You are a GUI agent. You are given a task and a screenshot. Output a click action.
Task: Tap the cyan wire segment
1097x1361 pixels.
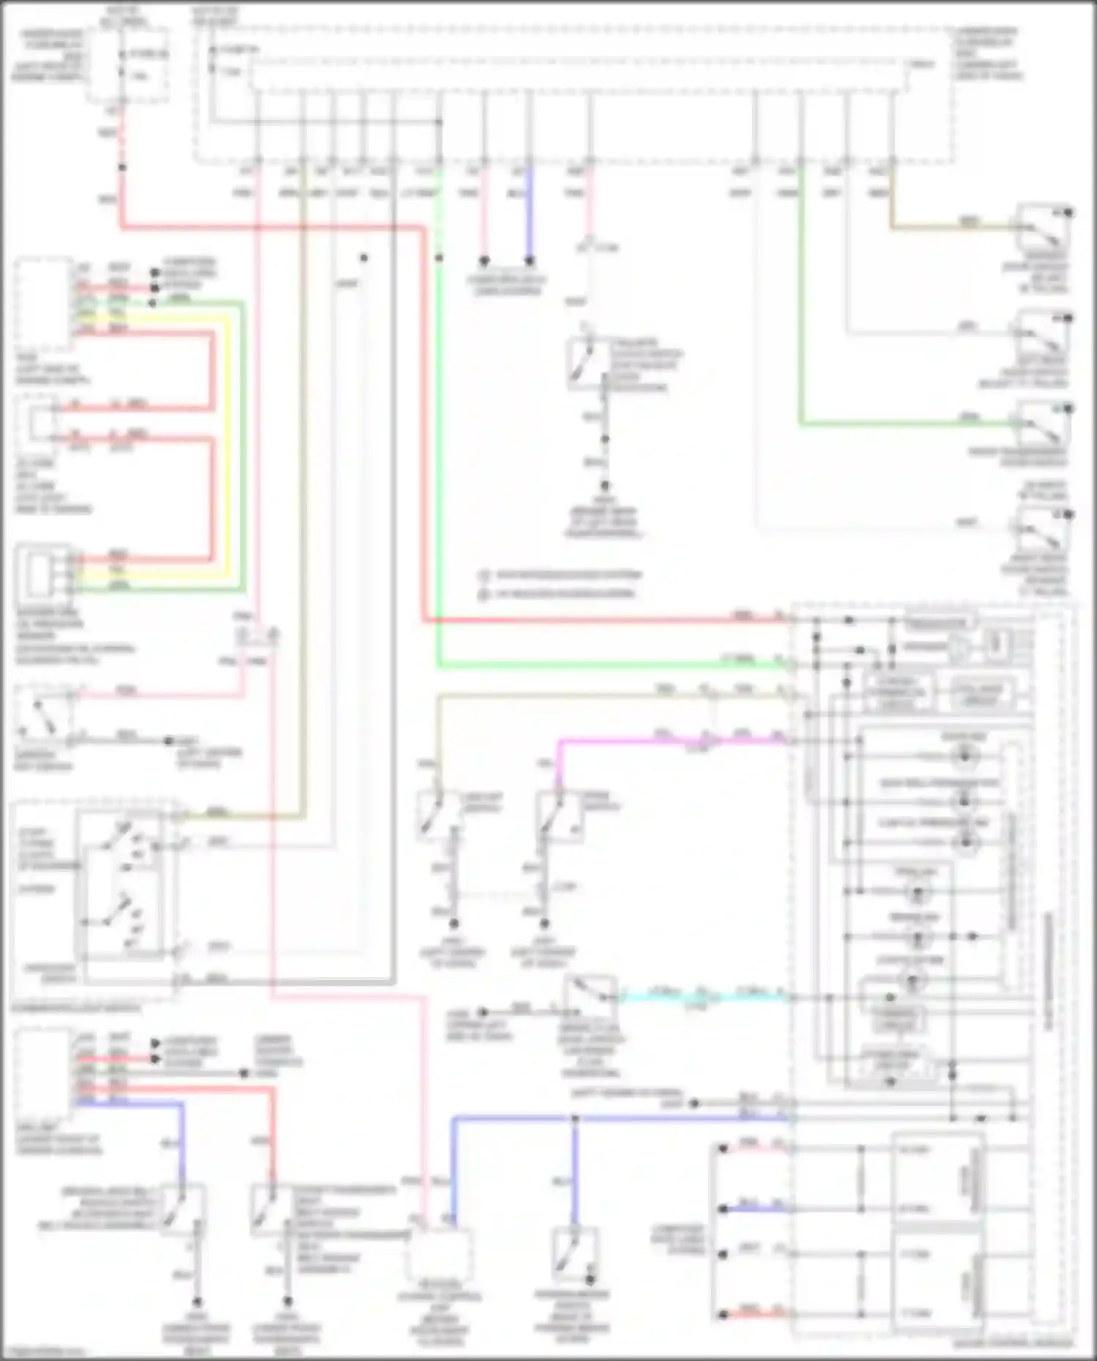(x=702, y=996)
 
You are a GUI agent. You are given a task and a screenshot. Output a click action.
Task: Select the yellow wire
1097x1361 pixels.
(x=227, y=439)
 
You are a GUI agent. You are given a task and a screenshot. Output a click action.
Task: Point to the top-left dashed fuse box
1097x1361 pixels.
(x=128, y=65)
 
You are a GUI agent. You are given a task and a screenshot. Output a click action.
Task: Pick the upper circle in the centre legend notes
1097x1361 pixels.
(x=483, y=576)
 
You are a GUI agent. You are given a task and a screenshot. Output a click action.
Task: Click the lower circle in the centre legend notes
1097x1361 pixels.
(x=483, y=595)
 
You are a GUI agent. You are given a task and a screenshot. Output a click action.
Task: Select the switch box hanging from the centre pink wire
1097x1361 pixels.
(x=589, y=362)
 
